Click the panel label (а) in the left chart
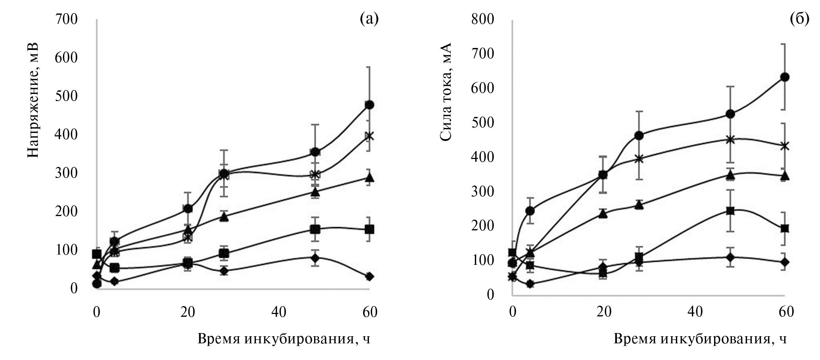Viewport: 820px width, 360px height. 369,19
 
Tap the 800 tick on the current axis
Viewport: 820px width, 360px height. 483,19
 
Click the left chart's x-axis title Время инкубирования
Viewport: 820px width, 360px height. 283,339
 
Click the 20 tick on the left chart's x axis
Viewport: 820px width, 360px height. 188,312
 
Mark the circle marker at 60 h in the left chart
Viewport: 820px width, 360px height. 369,105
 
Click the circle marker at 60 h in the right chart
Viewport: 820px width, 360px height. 784,77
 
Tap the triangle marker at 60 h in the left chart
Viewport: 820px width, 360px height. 369,178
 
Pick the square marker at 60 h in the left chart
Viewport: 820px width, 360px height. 369,229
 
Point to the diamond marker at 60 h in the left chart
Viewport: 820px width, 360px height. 369,276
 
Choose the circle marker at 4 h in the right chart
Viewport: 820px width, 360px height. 530,211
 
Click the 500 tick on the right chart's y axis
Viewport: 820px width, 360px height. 483,123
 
